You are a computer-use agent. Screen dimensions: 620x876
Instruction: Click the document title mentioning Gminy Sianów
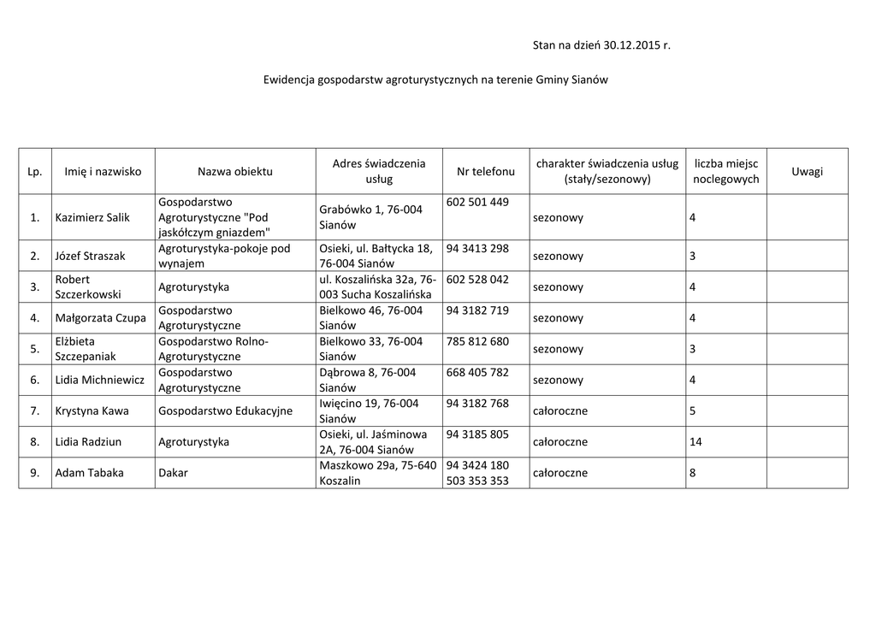(435, 79)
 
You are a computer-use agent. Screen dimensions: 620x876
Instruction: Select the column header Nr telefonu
(486, 172)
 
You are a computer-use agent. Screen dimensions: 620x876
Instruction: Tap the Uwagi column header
(807, 172)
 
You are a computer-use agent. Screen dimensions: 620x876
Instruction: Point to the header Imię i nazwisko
(103, 172)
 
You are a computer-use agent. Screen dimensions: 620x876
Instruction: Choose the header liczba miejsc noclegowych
(725, 171)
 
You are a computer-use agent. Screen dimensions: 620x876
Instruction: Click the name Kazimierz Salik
(92, 217)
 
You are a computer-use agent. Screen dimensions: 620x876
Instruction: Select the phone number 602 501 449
(477, 203)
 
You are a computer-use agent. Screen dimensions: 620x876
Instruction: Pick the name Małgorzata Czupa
(100, 318)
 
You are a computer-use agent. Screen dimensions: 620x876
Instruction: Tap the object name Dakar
(173, 473)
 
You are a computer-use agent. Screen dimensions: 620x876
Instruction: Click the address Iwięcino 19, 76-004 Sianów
(369, 411)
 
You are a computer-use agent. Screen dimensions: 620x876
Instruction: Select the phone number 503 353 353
(477, 481)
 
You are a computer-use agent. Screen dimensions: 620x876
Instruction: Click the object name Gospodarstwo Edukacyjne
(225, 411)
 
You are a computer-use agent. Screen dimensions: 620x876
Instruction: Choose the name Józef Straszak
(90, 257)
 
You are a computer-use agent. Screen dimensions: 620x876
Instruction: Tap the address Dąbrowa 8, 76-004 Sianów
(367, 380)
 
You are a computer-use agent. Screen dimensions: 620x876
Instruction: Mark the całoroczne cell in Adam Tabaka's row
(559, 473)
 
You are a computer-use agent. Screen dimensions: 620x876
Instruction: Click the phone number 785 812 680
(477, 341)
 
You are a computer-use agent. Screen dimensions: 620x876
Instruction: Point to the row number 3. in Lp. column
(35, 287)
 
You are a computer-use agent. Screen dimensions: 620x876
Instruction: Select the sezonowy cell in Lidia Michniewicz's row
(558, 380)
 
